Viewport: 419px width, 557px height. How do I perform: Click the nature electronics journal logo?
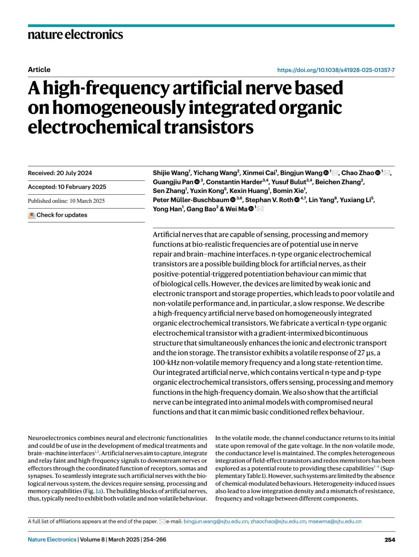pyautogui.click(x=75, y=35)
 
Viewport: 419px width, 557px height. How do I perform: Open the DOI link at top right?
pyautogui.click(x=336, y=70)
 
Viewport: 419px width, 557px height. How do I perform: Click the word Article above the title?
pyautogui.click(x=39, y=70)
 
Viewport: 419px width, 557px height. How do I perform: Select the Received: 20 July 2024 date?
pyautogui.click(x=60, y=173)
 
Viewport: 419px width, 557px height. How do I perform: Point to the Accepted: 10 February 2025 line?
pyautogui.click(x=67, y=187)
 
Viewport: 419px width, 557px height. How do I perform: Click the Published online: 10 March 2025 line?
pyautogui.click(x=66, y=201)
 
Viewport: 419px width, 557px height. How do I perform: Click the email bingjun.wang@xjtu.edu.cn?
pyautogui.click(x=216, y=521)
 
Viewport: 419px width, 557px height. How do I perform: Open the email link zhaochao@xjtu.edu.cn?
pyautogui.click(x=278, y=521)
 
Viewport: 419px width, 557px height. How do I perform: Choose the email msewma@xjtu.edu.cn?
pyautogui.click(x=335, y=521)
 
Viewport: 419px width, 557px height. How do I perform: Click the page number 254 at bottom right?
pyautogui.click(x=390, y=540)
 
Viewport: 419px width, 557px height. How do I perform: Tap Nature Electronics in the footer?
pyautogui.click(x=52, y=540)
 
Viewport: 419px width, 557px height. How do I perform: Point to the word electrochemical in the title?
pyautogui.click(x=94, y=127)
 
